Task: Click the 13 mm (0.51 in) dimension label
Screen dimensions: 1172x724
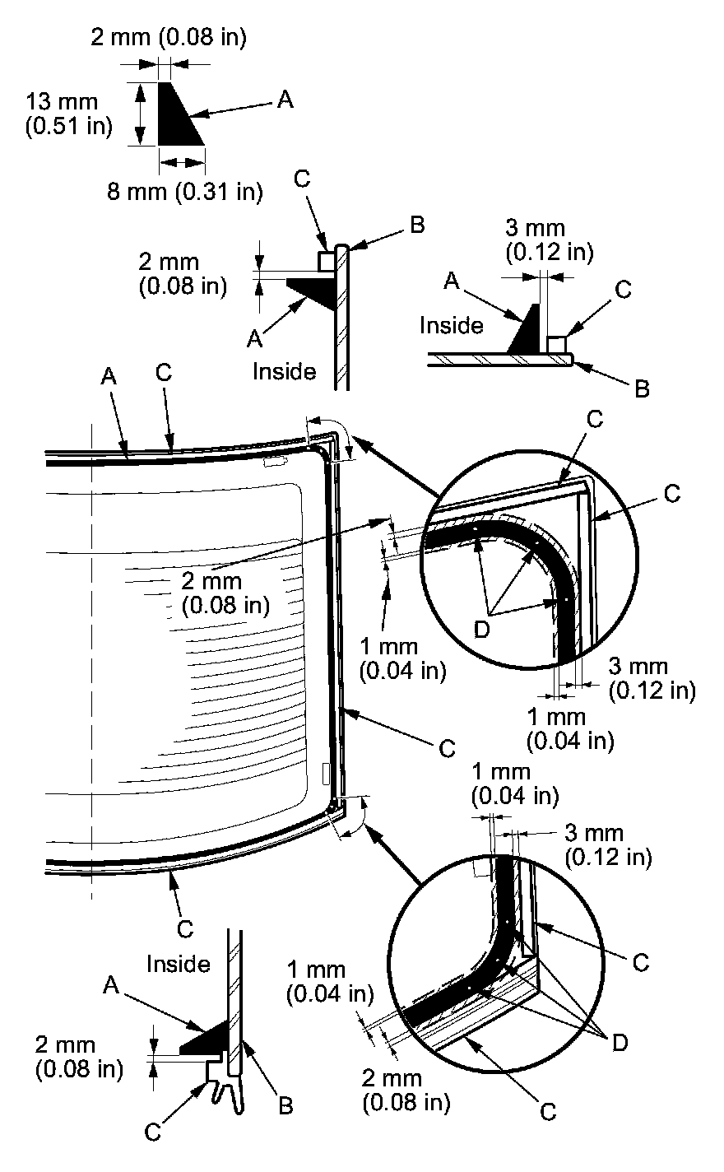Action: tap(62, 115)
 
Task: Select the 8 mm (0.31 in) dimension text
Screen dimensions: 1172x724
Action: tap(184, 192)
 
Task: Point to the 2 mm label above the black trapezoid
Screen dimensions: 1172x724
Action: tap(168, 36)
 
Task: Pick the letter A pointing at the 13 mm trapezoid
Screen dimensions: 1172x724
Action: tap(284, 100)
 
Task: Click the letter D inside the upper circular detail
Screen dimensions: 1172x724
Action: tap(484, 628)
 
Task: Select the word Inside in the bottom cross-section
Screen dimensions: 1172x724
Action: tap(178, 964)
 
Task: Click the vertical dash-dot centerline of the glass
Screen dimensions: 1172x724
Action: tap(91, 658)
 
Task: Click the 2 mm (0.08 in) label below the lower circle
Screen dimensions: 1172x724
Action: tap(407, 1090)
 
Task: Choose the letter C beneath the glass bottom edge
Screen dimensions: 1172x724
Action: tap(185, 928)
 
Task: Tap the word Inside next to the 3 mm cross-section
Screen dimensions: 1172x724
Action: tap(451, 325)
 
